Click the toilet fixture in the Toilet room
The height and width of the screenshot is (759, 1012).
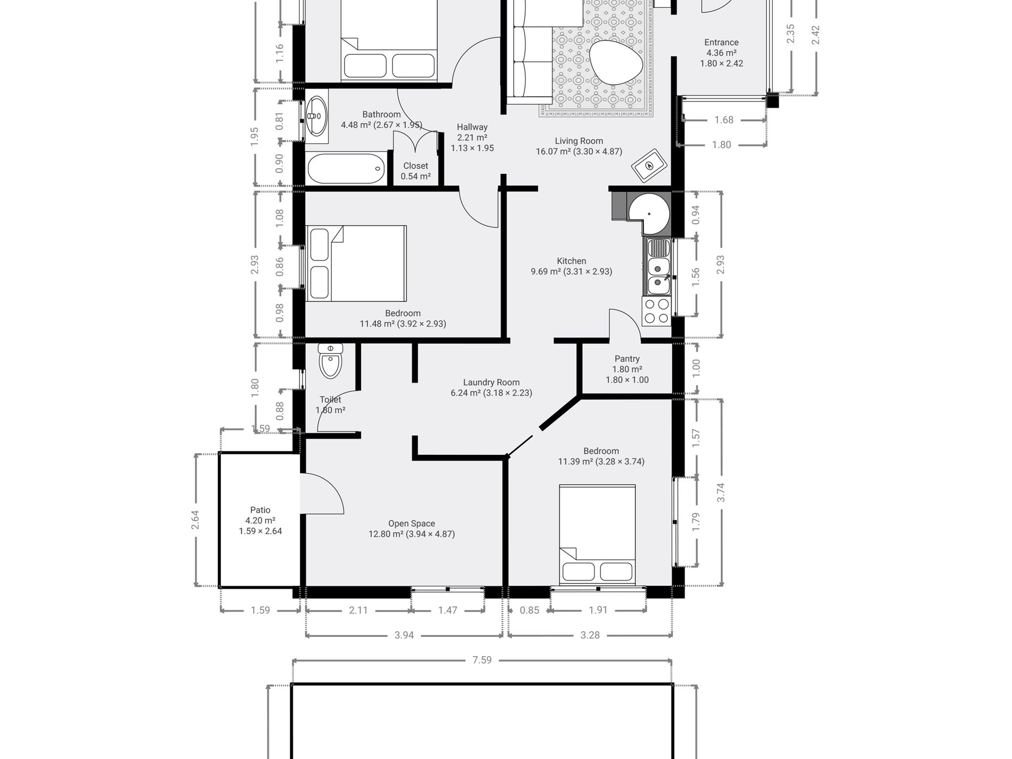point(331,362)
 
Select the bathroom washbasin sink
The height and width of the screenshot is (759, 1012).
point(317,116)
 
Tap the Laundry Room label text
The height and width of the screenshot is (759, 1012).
point(491,382)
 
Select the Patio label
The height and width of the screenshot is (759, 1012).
point(260,510)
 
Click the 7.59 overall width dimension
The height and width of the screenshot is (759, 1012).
point(482,660)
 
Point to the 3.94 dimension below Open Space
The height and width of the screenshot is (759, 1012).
point(404,635)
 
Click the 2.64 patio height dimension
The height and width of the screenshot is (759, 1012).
point(195,520)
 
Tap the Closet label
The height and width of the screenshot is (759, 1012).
point(415,166)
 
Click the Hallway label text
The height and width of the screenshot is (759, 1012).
point(472,127)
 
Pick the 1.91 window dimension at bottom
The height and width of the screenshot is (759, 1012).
point(598,610)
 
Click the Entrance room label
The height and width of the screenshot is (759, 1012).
point(721,43)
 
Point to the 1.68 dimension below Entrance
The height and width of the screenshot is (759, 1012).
point(724,120)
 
